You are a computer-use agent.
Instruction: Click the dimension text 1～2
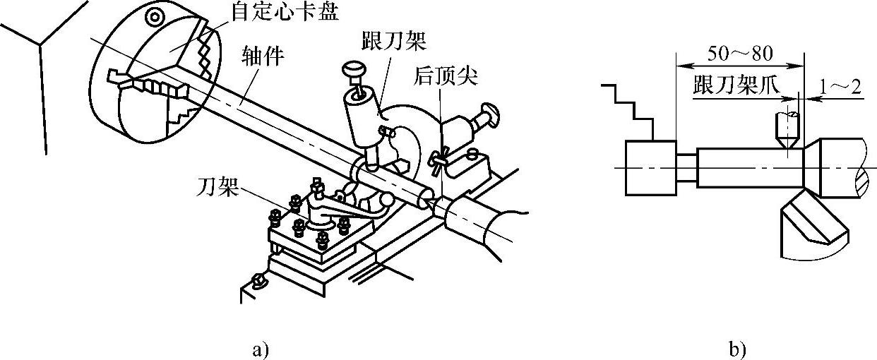tap(840, 87)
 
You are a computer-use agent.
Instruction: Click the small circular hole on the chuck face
tap(153, 16)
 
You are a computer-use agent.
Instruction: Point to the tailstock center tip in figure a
tap(430, 203)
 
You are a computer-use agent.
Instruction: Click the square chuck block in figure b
tap(650, 167)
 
